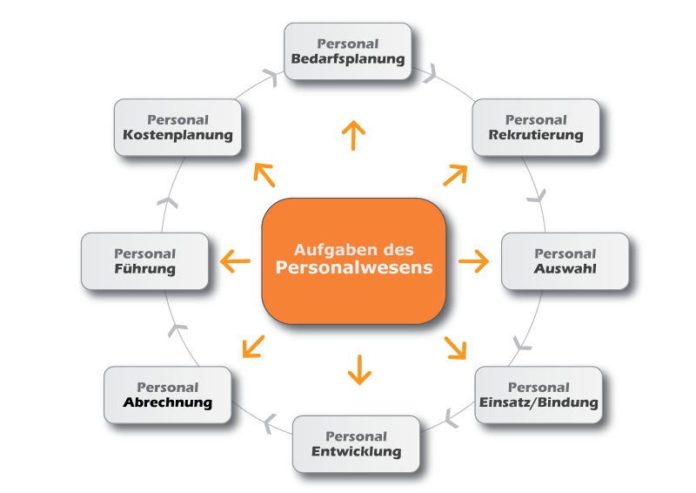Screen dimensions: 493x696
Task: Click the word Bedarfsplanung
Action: tap(348, 59)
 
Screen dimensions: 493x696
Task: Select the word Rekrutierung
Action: tap(536, 135)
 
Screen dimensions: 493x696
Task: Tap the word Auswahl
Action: tap(565, 268)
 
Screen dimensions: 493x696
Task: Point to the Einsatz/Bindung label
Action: tap(539, 402)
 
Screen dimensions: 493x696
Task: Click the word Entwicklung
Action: tap(357, 451)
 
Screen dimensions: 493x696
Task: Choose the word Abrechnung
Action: tap(168, 402)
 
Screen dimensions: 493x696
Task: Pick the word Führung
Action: tap(144, 268)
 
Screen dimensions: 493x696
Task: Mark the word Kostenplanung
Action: tap(177, 135)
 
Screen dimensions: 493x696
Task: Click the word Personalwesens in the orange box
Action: tap(354, 267)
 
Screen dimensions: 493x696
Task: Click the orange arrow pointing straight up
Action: tap(354, 136)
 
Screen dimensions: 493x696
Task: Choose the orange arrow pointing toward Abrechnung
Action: tap(253, 347)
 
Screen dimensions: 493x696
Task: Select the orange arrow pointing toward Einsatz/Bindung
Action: tap(455, 347)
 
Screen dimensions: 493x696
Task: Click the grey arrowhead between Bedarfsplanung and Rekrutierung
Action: tap(428, 74)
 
